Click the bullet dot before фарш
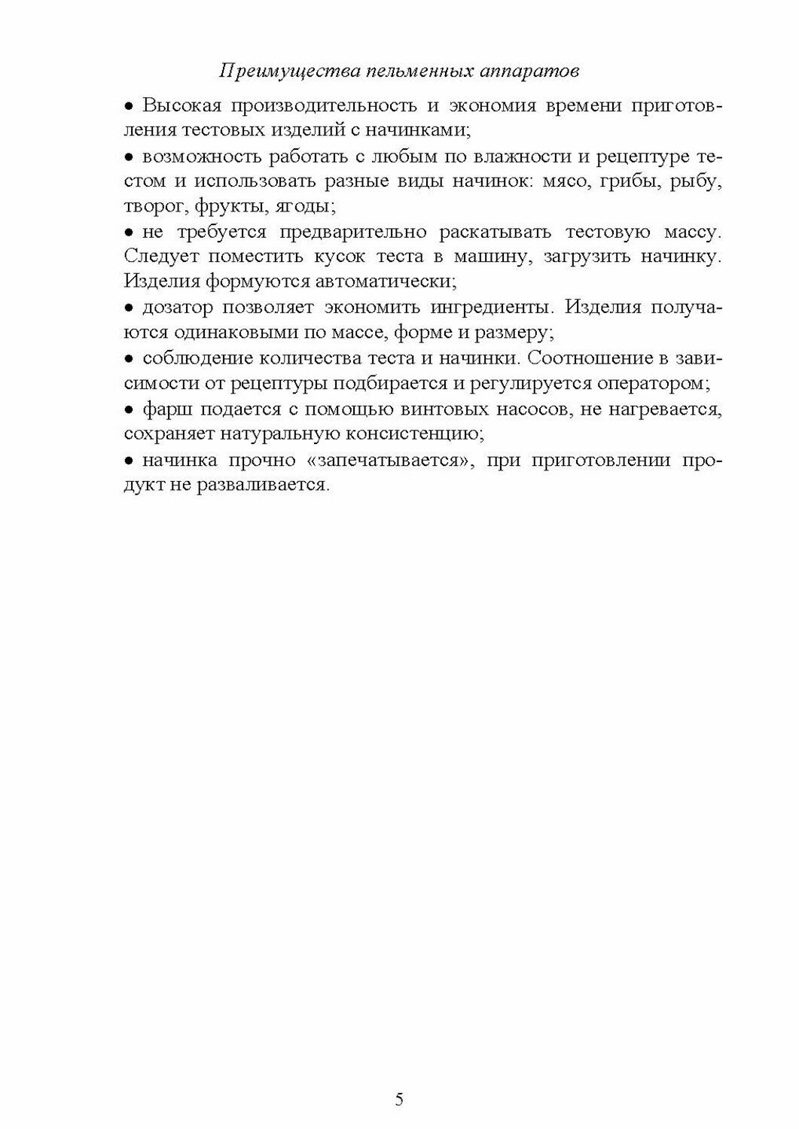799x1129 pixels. coord(128,410)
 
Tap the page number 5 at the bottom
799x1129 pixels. coord(399,1099)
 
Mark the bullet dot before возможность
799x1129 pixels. coord(128,157)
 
